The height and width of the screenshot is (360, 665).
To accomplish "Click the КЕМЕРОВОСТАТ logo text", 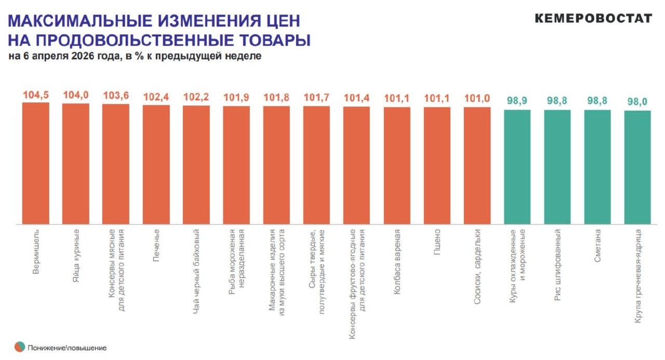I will pyautogui.click(x=593, y=19).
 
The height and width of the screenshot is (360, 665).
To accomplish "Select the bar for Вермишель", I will pyautogui.click(x=35, y=164).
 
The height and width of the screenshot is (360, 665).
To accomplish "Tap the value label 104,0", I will pyautogui.click(x=76, y=95).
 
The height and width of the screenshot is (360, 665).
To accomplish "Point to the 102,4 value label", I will pyautogui.click(x=156, y=97).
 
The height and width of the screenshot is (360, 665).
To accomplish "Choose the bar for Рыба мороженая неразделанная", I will pyautogui.click(x=236, y=165).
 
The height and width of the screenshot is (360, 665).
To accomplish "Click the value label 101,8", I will pyautogui.click(x=276, y=97).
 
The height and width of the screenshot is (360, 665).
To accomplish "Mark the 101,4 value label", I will pyautogui.click(x=356, y=98).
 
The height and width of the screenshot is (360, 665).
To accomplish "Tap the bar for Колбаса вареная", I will pyautogui.click(x=397, y=166).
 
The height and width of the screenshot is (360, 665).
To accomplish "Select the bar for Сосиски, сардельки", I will pyautogui.click(x=477, y=166).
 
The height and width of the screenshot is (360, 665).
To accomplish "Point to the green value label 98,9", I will pyautogui.click(x=517, y=101).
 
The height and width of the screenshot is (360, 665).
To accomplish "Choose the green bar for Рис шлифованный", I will pyautogui.click(x=557, y=167).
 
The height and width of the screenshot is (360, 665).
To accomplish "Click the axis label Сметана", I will pyautogui.click(x=597, y=245).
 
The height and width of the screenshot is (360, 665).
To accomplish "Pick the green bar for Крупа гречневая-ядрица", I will pyautogui.click(x=637, y=167).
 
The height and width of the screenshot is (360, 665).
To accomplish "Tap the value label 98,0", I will pyautogui.click(x=637, y=102).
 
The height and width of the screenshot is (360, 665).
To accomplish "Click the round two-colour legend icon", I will pyautogui.click(x=20, y=347).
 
